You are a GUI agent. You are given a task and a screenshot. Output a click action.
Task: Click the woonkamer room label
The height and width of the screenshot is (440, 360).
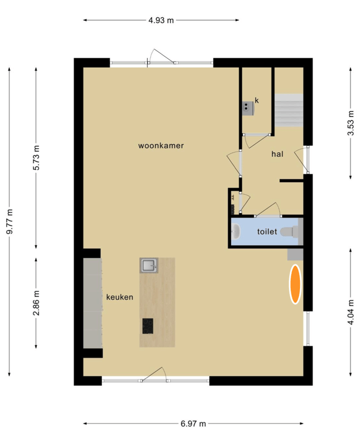(x=160, y=146)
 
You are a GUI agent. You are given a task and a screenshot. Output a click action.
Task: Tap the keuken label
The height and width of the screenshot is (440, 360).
(x=119, y=296)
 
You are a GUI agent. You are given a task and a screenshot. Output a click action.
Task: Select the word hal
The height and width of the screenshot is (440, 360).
(x=277, y=154)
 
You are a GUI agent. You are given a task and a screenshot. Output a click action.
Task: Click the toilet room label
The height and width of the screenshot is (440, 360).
(x=267, y=232)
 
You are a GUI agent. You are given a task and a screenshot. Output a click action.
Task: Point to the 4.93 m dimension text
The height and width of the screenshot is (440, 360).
(x=160, y=20)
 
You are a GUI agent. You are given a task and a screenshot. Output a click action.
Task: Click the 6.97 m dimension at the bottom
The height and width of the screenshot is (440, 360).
(x=193, y=424)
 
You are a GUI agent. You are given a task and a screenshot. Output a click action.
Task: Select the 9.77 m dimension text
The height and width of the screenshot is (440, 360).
(x=9, y=222)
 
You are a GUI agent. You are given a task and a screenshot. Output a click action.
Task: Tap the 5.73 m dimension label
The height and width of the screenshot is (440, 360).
(x=37, y=158)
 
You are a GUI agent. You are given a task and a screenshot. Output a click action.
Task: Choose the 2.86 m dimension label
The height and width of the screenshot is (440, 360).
(x=37, y=303)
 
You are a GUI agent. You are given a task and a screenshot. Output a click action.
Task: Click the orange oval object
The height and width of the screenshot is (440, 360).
(x=296, y=284)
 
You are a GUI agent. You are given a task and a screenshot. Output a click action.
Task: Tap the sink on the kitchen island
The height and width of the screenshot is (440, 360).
(x=149, y=266)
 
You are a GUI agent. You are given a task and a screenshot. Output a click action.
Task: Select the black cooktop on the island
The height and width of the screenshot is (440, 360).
(x=148, y=326)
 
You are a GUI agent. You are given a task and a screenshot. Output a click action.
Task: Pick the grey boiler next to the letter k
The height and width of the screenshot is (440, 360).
(x=248, y=106)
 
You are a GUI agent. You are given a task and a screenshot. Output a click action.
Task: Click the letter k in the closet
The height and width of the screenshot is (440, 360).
(x=257, y=101)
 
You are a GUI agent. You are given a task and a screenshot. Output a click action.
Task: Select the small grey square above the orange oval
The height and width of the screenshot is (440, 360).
(x=295, y=254)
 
